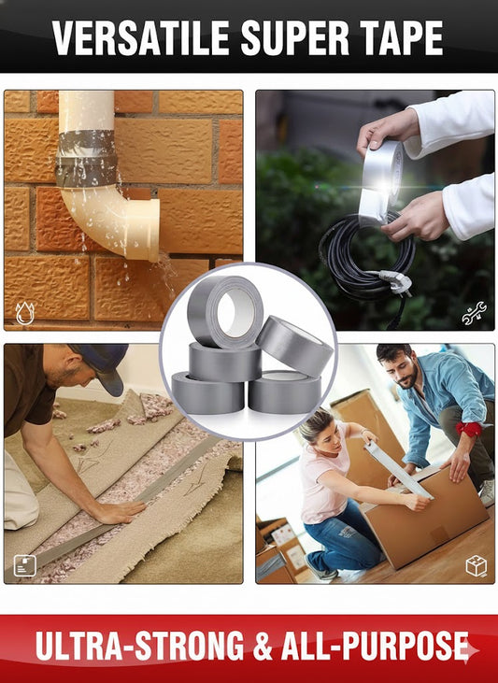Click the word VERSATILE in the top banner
point(141,37)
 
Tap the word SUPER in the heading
point(295,37)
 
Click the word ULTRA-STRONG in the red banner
point(140,645)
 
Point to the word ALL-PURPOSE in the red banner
point(375,645)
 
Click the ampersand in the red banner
point(263,645)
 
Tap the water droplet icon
point(25,312)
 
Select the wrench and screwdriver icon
point(473,312)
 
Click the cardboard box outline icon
point(477,566)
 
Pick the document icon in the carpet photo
point(25,565)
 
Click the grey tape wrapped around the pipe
point(86,158)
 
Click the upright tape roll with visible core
point(225,311)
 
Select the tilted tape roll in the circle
point(294,346)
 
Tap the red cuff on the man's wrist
point(469,429)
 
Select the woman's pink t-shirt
point(324,474)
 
